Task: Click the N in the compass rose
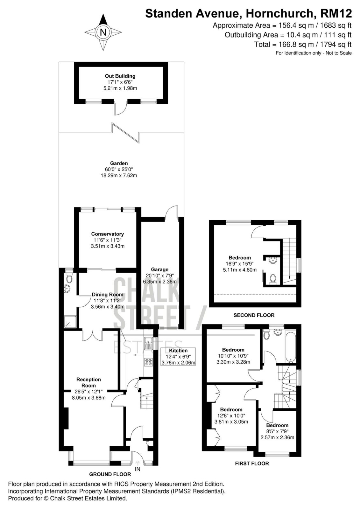(103, 33)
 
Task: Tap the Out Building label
(120, 76)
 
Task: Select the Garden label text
(119, 163)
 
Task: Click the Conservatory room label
(108, 234)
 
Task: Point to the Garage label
(160, 269)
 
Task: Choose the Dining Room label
(108, 295)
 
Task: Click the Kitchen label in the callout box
(178, 351)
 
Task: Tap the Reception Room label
(89, 382)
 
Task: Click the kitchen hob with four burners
(149, 362)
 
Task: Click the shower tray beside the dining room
(70, 322)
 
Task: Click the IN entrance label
(138, 469)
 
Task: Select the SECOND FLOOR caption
(254, 315)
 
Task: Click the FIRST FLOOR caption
(252, 464)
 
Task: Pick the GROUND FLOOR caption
(110, 474)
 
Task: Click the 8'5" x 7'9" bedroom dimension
(277, 431)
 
